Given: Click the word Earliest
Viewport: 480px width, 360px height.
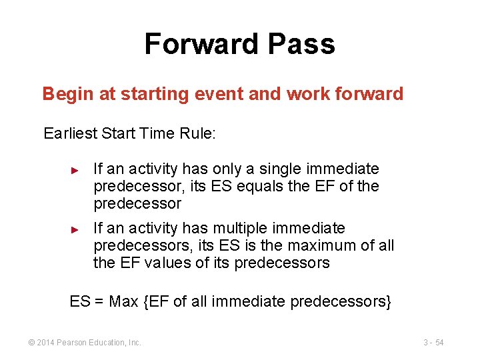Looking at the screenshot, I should [70, 133].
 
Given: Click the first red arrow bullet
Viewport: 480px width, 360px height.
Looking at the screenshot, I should [75, 170].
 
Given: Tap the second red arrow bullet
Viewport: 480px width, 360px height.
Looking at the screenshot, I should [75, 229].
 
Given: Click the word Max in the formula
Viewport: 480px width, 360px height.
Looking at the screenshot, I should [123, 302].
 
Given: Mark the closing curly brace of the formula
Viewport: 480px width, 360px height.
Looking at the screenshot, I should [388, 302].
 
